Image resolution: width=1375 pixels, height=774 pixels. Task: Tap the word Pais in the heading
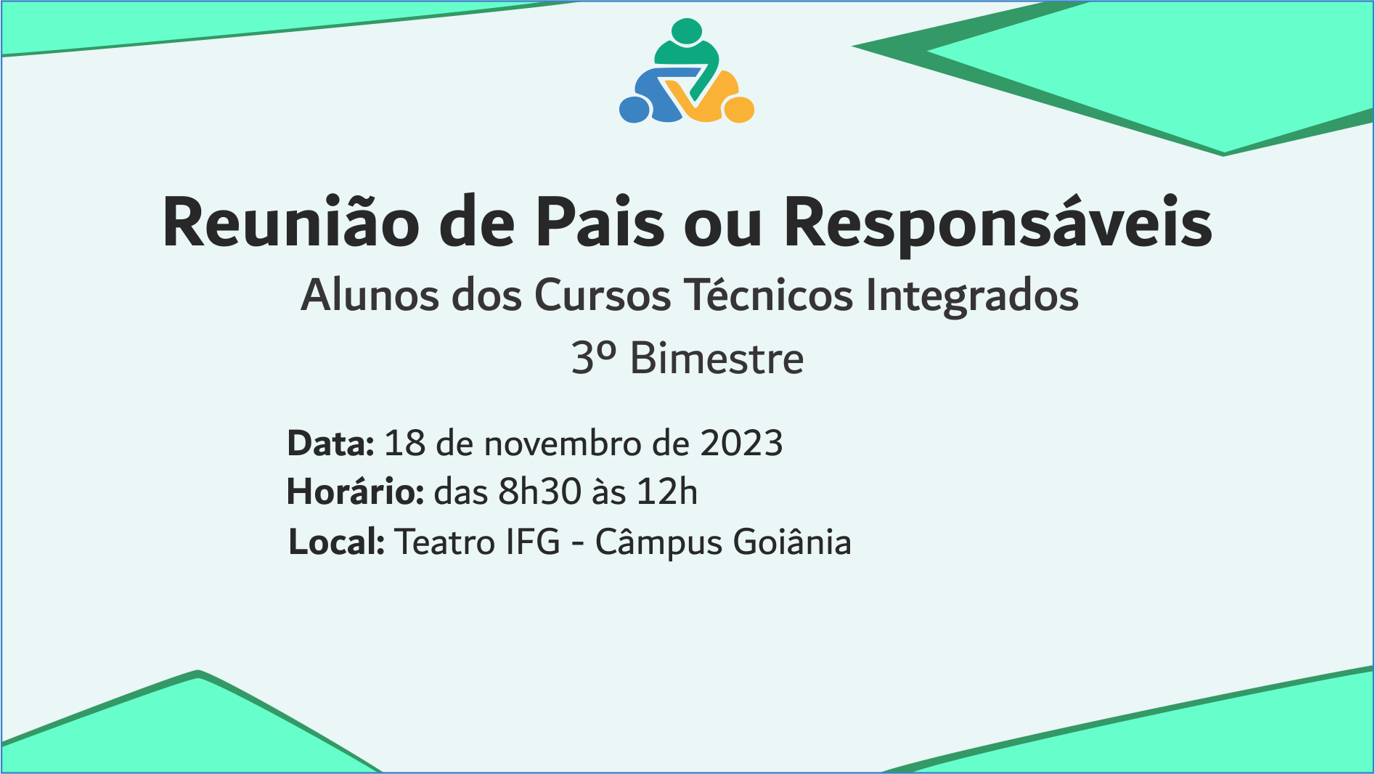[x=600, y=222]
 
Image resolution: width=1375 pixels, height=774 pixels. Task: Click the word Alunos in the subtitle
[x=370, y=295]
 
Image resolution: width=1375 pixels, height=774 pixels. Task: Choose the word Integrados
[x=972, y=296]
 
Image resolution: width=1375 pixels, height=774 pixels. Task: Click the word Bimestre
[x=717, y=358]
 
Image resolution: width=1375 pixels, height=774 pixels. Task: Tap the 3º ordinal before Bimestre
[x=594, y=358]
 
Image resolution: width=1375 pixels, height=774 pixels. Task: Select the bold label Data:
[x=330, y=443]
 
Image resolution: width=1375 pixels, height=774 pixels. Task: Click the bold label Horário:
[x=355, y=491]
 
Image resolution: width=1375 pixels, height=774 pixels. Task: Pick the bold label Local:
[x=336, y=542]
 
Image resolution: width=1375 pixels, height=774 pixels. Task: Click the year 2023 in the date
[x=741, y=443]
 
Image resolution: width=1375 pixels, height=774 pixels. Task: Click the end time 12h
[x=667, y=492]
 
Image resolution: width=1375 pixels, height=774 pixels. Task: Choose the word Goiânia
[x=792, y=542]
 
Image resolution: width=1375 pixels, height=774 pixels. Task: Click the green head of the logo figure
[x=687, y=31]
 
